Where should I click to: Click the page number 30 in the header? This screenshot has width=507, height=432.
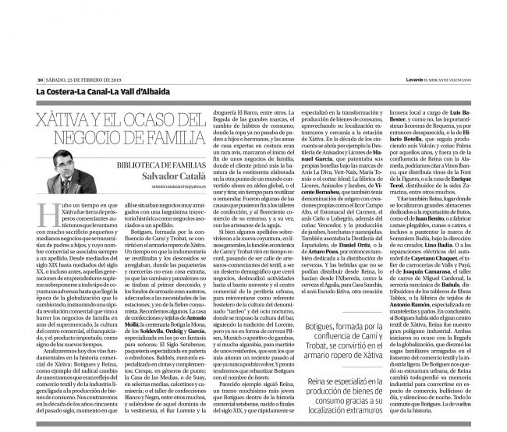[40, 77]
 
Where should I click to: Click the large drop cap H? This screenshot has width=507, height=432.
[46, 209]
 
